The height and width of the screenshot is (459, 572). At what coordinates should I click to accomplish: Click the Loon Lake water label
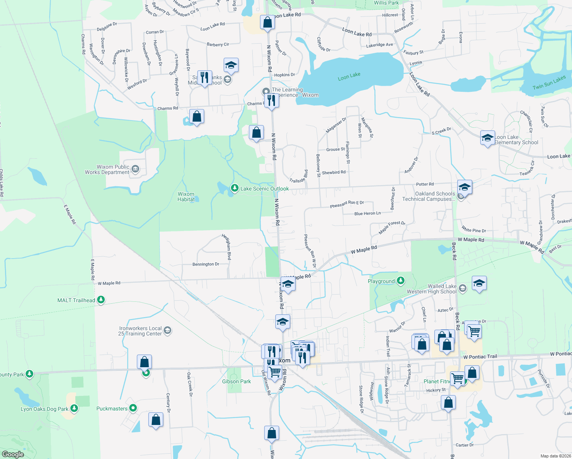coord(349,76)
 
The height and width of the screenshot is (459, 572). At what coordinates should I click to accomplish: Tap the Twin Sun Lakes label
coord(549,83)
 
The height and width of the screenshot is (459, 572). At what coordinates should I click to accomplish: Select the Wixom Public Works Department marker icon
coord(135,169)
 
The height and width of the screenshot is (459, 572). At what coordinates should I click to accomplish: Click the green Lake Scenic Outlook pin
coord(234,188)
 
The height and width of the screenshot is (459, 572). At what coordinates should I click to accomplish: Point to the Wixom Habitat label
coord(186,197)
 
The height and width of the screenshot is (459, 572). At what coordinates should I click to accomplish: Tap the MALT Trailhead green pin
coord(101,300)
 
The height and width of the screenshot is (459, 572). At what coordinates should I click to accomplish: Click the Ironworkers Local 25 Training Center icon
coord(167,330)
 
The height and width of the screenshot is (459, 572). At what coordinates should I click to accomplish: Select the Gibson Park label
coord(236,381)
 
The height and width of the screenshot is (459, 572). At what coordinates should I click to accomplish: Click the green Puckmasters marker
coord(133,408)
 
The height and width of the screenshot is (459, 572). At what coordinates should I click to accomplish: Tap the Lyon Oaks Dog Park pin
coord(74,409)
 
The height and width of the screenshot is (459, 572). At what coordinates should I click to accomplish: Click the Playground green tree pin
coord(400,281)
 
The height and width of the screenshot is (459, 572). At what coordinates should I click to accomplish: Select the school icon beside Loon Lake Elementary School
coord(487,138)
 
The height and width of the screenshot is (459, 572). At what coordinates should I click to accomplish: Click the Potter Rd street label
coord(425,184)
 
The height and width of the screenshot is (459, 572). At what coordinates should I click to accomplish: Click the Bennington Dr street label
coord(206,264)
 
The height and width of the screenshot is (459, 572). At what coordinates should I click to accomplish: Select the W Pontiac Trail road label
coord(480,357)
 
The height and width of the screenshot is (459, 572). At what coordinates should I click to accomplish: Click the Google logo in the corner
coord(13,454)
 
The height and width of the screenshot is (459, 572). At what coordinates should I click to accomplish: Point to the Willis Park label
coord(386,3)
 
